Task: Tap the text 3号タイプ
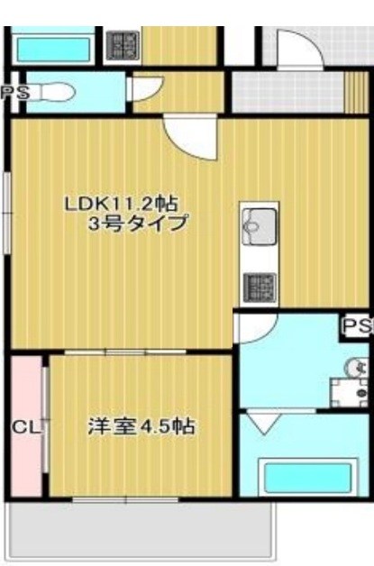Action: pos(137,224)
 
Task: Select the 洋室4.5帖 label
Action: pos(142,425)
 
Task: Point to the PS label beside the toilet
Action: pos(13,91)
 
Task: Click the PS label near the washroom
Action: pos(357,326)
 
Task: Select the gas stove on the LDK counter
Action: pos(259,286)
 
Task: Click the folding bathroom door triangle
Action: pos(265,422)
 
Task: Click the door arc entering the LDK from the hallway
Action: pos(189,137)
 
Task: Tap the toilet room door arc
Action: pos(144,89)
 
